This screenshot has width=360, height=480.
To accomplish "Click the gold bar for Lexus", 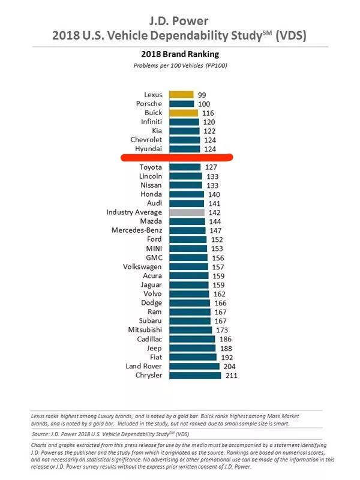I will click(x=181, y=95).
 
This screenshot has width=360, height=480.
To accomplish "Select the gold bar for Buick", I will click(x=183, y=113).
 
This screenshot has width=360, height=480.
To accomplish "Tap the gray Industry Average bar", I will click(x=187, y=212).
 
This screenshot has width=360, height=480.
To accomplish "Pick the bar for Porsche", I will click(x=181, y=104).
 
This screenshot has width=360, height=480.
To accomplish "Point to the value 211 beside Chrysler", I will click(x=230, y=376).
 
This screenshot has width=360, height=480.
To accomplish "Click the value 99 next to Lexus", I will click(x=202, y=95).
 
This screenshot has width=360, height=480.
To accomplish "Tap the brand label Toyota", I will click(x=150, y=167).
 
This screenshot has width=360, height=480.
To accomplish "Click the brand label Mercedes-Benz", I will click(x=137, y=230).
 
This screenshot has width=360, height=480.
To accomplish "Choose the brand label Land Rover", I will click(x=143, y=367).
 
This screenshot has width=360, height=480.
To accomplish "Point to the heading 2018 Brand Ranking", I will click(x=179, y=54).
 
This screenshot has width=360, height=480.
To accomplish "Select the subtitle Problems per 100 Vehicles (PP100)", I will click(x=179, y=65).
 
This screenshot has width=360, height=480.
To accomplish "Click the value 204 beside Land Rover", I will click(x=229, y=367).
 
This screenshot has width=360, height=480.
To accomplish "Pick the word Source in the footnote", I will click(x=41, y=433).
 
